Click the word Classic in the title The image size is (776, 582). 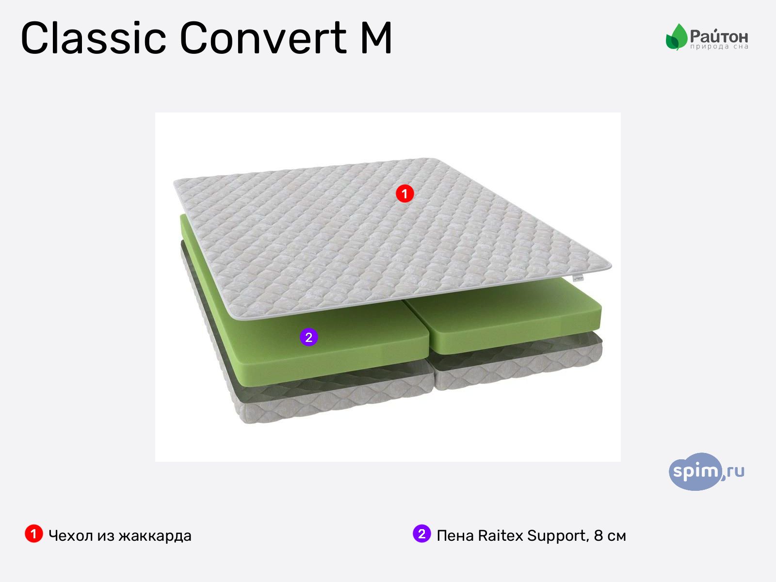[x=94, y=38]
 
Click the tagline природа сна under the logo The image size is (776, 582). [x=719, y=47]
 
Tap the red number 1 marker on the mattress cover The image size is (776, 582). [x=404, y=194]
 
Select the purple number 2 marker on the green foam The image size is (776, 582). [x=309, y=337]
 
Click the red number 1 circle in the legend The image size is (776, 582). [x=33, y=534]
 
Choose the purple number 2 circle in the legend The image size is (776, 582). [x=421, y=534]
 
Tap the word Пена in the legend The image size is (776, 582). [x=455, y=536]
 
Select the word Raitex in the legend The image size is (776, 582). [x=501, y=536]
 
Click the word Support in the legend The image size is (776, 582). [x=558, y=536]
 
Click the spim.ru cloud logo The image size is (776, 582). [x=706, y=471]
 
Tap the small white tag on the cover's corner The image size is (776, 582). [x=578, y=278]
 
